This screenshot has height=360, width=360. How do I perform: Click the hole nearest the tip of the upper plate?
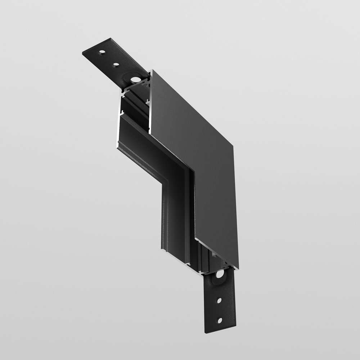[x=103, y=53]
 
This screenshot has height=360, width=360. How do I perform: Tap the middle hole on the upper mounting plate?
[x=116, y=65]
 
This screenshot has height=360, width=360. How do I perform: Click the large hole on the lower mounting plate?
[x=219, y=275]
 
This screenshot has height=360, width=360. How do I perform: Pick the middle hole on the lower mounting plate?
[x=219, y=300]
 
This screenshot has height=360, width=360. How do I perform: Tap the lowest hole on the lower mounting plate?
[x=219, y=320]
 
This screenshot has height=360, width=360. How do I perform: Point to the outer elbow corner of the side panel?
[x=233, y=146]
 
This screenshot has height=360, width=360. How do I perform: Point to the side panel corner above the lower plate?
[x=238, y=268]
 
